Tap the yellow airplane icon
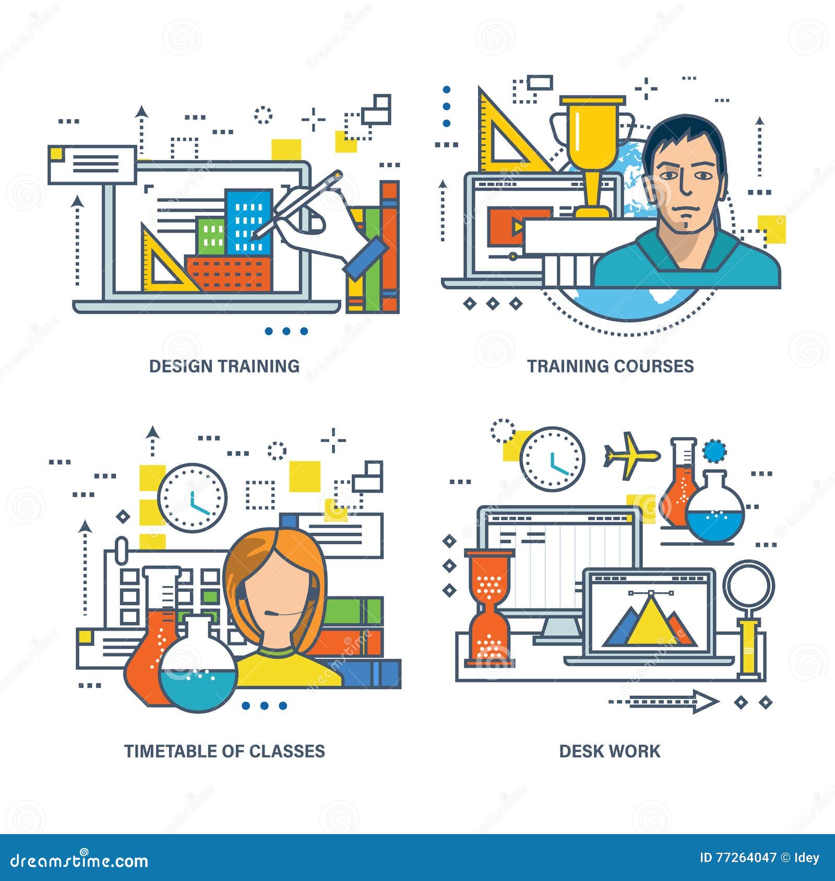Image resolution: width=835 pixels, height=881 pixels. pyautogui.click(x=630, y=456)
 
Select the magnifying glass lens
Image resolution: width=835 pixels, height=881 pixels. pyautogui.click(x=748, y=585)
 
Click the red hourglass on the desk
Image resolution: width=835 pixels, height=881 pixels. pyautogui.click(x=489, y=607)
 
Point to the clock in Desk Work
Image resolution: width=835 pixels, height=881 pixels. pyautogui.click(x=552, y=459)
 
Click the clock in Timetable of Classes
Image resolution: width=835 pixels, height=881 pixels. pyautogui.click(x=193, y=497)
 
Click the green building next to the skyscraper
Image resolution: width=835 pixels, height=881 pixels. pyautogui.click(x=211, y=237)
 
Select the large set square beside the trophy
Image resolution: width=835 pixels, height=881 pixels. pyautogui.click(x=504, y=138)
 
